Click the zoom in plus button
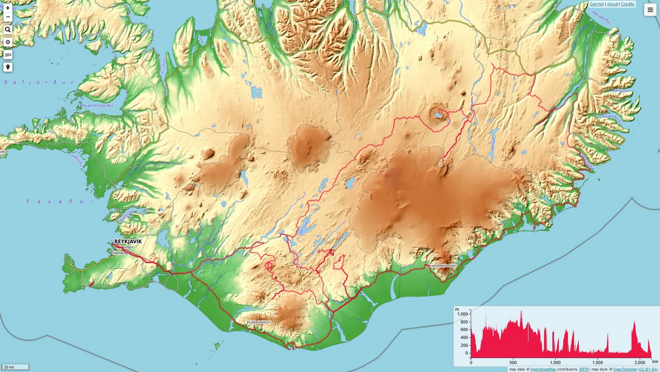click(x=8, y=8)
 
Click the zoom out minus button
click(x=8, y=17)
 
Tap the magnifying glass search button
click(x=8, y=30)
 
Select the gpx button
click(x=8, y=54)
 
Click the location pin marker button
click(x=8, y=67)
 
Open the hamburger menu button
click(x=650, y=10)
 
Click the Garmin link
click(x=597, y=4)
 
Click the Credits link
click(x=627, y=4)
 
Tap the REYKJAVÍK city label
click(x=128, y=241)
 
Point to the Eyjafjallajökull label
click(x=258, y=322)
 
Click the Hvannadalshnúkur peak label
click(x=442, y=266)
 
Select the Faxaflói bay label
click(x=60, y=201)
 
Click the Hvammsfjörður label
click(x=98, y=106)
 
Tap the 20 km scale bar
click(x=15, y=367)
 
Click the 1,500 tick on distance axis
click(x=597, y=362)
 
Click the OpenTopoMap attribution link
click(x=625, y=369)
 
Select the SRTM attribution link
click(x=584, y=369)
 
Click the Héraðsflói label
click(x=601, y=17)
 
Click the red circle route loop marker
click(x=268, y=266)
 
